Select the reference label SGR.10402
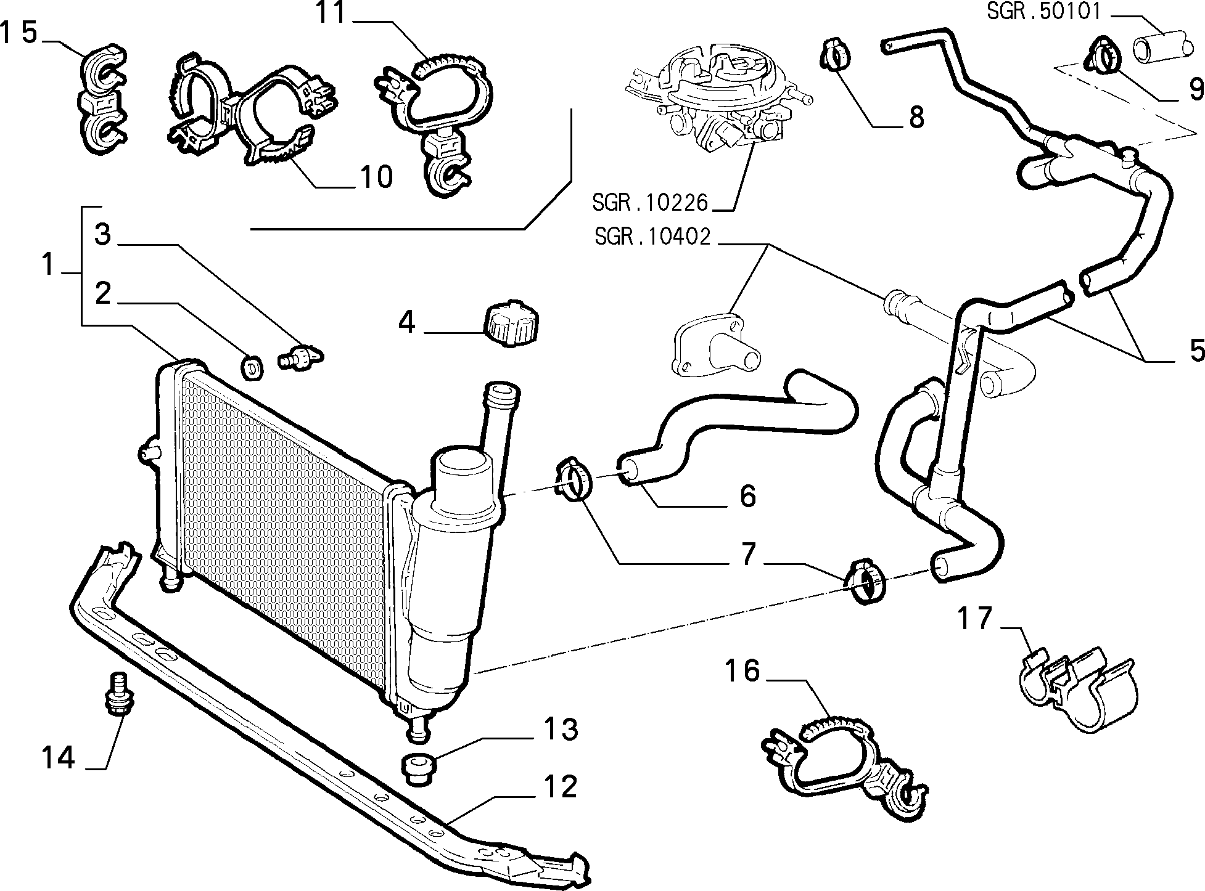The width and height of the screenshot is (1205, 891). pos(652,237)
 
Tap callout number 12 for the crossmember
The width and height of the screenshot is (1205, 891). pos(560,787)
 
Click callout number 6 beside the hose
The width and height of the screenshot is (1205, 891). pos(747,495)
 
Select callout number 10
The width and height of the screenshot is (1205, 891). pos(376,177)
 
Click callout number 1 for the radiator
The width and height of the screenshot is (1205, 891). pos(48,266)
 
